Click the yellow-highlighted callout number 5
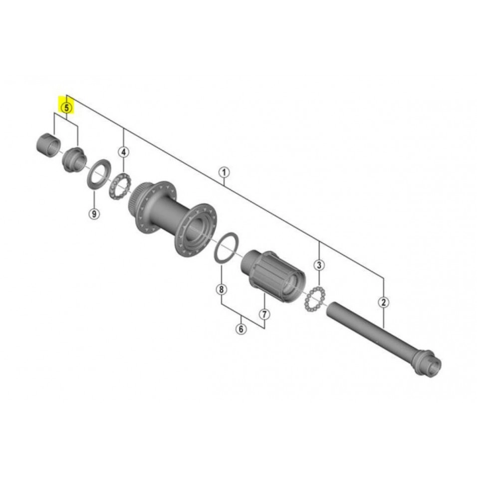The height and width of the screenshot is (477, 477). click(66, 107)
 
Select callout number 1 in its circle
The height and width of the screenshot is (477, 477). click(225, 173)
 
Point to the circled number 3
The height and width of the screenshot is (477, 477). click(319, 264)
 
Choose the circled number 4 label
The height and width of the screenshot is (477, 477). click(123, 152)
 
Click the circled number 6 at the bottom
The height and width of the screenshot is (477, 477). click(241, 329)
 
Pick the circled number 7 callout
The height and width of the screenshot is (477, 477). click(264, 314)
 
